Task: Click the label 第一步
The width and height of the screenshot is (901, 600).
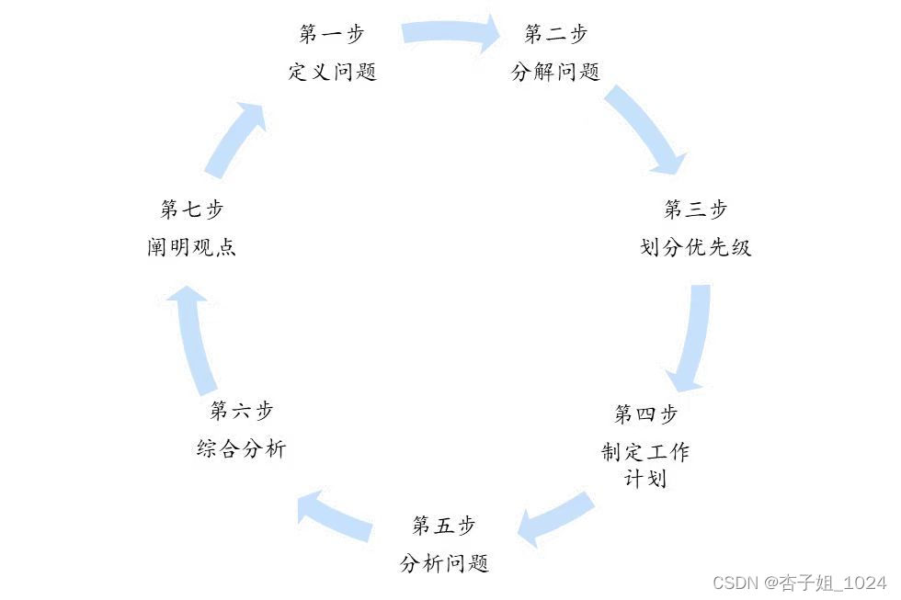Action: pyautogui.click(x=332, y=35)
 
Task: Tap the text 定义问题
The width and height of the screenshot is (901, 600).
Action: pyautogui.click(x=332, y=73)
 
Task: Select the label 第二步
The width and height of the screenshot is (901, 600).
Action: pyautogui.click(x=555, y=35)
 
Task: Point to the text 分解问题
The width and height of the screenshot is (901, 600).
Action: pyautogui.click(x=555, y=73)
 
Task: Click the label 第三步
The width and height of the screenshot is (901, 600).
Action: pyautogui.click(x=695, y=209)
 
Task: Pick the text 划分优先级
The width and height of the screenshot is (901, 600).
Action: pyautogui.click(x=695, y=248)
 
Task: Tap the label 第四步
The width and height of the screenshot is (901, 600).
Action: pyautogui.click(x=645, y=414)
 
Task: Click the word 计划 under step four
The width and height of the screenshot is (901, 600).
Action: pyautogui.click(x=645, y=480)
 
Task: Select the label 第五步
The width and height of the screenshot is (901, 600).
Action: pyautogui.click(x=444, y=526)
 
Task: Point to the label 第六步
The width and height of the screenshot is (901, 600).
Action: pyautogui.click(x=242, y=411)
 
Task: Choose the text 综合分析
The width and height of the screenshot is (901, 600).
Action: pyautogui.click(x=242, y=449)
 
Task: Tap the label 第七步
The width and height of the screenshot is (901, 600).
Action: pyautogui.click(x=191, y=209)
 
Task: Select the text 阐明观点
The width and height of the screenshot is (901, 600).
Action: pyautogui.click(x=191, y=248)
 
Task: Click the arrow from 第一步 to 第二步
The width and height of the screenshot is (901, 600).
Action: pyautogui.click(x=450, y=33)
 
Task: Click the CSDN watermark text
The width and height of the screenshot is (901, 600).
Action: pyautogui.click(x=799, y=583)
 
